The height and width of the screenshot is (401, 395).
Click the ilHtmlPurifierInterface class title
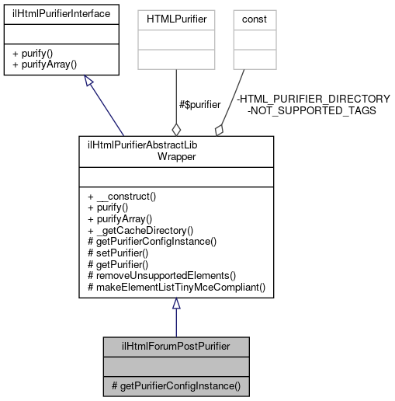pos(61,13)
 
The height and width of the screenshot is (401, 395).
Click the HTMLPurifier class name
pos(176,14)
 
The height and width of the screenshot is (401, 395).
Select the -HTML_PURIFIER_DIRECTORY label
pos(313,99)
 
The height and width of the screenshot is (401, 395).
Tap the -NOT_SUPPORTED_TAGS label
pos(311,110)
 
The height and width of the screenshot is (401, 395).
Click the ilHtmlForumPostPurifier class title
pos(175,345)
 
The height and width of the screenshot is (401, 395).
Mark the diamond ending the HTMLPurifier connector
pos(176,129)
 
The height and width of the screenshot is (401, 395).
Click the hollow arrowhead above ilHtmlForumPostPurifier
pos(176,305)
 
